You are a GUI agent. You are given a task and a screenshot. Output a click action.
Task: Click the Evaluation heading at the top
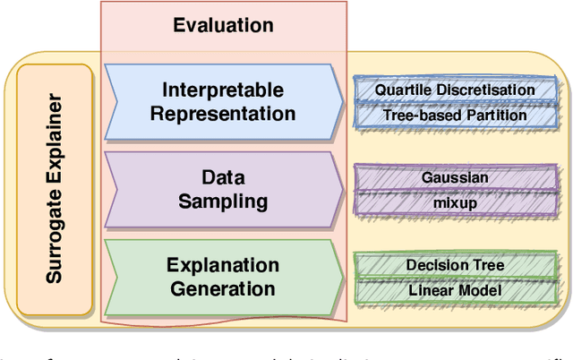click(223, 24)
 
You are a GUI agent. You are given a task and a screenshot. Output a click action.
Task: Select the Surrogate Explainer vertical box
click(55, 190)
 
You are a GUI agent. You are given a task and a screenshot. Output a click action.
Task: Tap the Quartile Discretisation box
click(455, 90)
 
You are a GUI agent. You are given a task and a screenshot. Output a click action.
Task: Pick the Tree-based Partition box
click(455, 115)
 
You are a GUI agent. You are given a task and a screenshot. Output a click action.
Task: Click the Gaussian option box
click(455, 177)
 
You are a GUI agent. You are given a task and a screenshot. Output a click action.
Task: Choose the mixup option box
click(455, 202)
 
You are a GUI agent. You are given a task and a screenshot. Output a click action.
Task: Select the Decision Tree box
click(455, 265)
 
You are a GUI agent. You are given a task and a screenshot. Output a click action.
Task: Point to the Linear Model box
click(455, 290)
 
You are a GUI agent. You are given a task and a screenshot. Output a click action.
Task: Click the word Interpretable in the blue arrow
click(223, 90)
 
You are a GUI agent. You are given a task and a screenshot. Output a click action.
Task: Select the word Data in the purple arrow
click(223, 177)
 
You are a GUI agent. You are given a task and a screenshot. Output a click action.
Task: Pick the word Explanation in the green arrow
click(223, 264)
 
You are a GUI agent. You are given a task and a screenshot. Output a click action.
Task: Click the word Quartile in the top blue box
click(401, 90)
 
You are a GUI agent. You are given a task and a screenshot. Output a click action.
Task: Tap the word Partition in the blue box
click(493, 115)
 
